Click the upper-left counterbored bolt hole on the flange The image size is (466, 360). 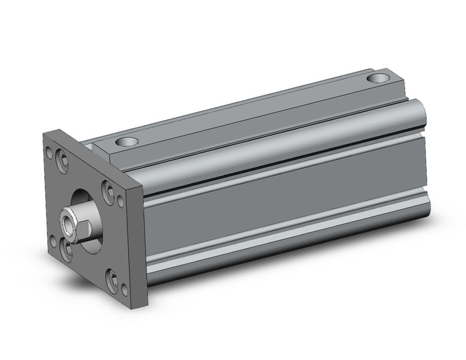(63, 162)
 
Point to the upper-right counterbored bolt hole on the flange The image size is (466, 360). (107, 192)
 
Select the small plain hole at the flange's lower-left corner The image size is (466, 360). (53, 241)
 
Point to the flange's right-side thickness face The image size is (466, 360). (137, 245)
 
